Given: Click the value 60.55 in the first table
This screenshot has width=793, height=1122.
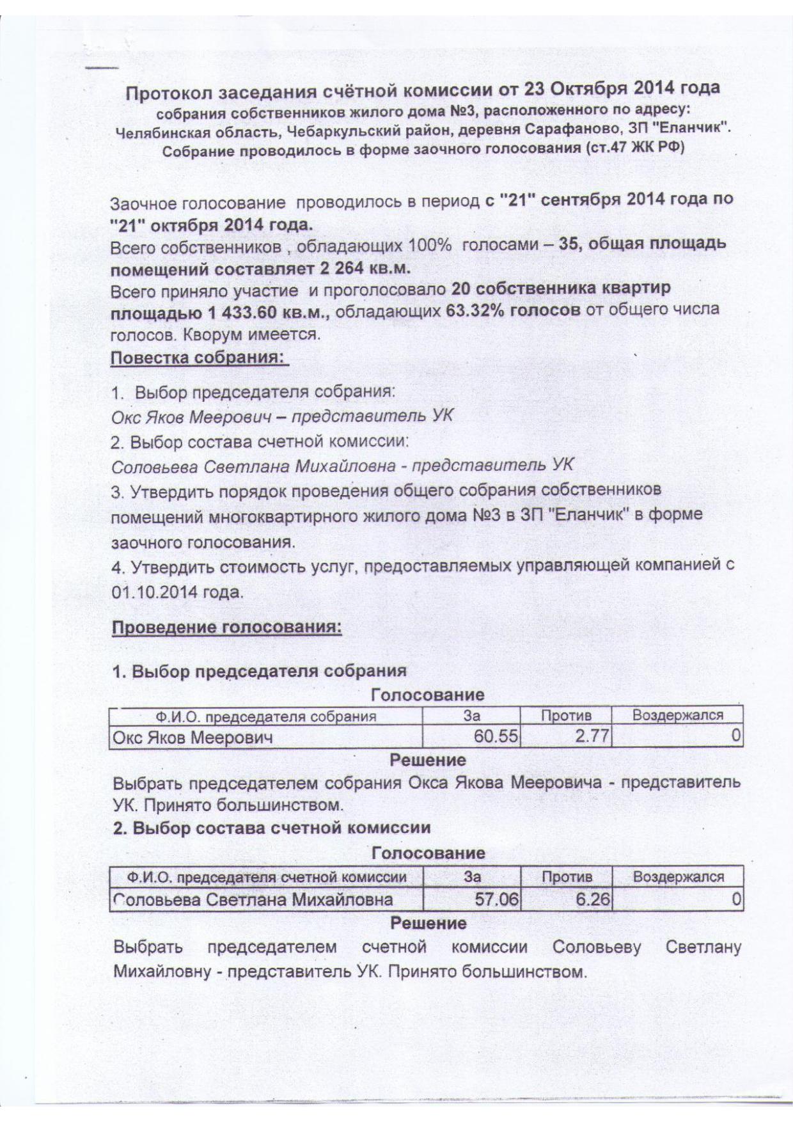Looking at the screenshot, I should pos(495,737).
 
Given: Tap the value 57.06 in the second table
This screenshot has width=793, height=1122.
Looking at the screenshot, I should pos(496,900).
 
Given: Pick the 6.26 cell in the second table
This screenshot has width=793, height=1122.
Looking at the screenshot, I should pos(593,900).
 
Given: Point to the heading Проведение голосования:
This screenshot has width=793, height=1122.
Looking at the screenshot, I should pos(227,628).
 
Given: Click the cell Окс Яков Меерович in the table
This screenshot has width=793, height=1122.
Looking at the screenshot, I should pos(192,738).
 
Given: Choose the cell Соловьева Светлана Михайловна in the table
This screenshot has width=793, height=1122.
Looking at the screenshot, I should pos(253,901).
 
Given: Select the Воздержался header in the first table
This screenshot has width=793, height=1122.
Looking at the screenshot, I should pos(677,715).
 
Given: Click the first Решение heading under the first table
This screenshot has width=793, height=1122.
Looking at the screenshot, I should pos(428,760).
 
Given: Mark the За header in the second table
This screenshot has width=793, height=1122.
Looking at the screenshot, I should pos(472,877).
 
